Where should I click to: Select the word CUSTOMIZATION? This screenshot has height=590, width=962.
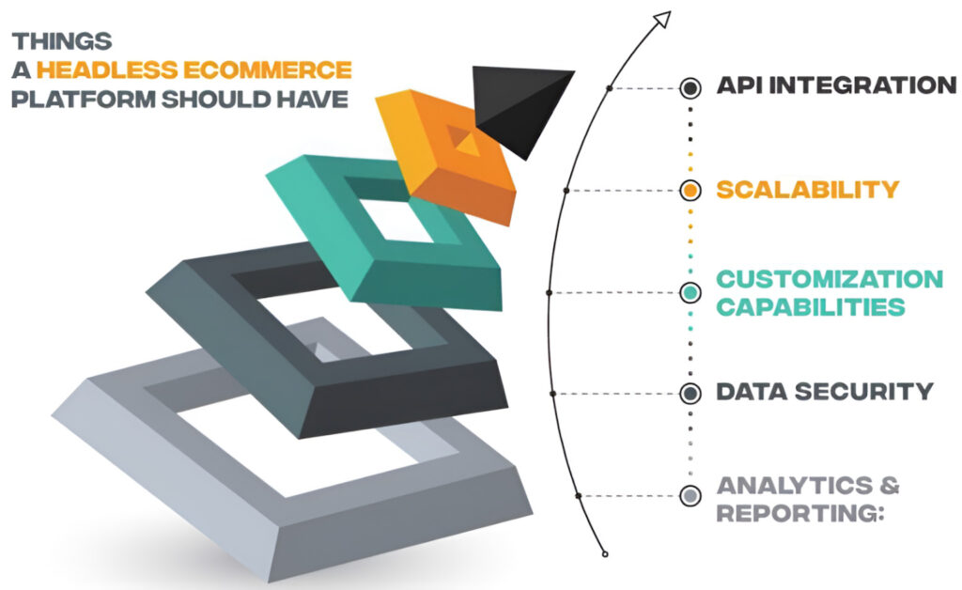point(830,279)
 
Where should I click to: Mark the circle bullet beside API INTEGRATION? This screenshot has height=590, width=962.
point(690,88)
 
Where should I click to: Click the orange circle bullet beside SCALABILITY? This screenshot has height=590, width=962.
point(690,190)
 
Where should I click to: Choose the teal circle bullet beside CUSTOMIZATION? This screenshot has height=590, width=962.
point(690,292)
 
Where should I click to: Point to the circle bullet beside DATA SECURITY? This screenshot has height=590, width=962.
point(690,393)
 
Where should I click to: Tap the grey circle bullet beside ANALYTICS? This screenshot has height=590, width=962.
point(690,494)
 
